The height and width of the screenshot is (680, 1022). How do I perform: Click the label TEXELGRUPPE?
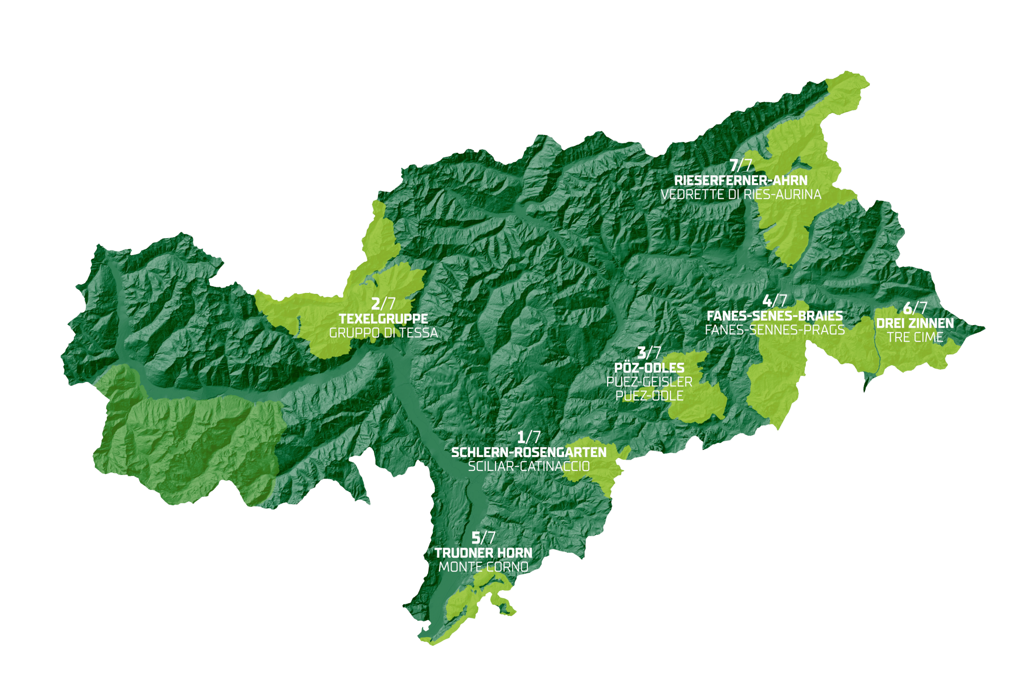(383, 319)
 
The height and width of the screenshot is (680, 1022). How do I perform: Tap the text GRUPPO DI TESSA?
(383, 333)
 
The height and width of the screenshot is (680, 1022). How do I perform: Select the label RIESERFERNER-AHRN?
(741, 180)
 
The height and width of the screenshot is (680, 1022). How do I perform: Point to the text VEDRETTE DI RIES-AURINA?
(741, 195)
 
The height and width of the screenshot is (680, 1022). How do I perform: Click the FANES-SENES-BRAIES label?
(775, 316)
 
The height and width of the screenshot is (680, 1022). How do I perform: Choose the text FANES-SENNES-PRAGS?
(775, 330)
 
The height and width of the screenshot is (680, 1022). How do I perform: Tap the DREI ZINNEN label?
(915, 324)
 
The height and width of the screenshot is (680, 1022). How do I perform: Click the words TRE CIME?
(915, 337)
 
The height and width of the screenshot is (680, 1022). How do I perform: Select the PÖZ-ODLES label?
(649, 368)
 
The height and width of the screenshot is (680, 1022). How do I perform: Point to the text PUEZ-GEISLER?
(649, 382)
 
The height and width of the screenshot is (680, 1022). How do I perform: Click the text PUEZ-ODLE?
(649, 396)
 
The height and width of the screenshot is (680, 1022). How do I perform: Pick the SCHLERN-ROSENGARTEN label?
(529, 452)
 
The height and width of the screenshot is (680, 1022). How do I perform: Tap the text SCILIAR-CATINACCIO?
(529, 466)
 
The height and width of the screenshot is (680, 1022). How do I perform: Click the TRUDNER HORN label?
(483, 553)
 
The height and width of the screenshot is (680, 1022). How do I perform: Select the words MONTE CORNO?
(483, 567)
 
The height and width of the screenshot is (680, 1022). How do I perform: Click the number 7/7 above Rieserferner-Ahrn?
(741, 165)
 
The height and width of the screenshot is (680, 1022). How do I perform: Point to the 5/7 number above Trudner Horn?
(483, 538)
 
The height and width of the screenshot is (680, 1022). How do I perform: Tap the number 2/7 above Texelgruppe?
(383, 304)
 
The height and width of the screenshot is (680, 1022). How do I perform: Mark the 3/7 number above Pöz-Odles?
(649, 353)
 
